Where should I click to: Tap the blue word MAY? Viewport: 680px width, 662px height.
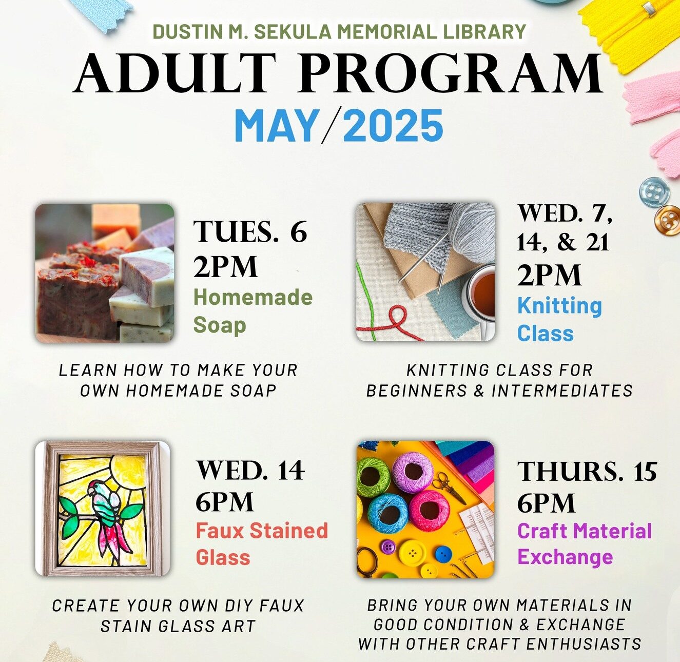coord(277,125)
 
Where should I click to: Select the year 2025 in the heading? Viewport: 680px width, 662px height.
coord(393,125)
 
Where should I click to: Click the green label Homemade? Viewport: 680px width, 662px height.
coord(253,297)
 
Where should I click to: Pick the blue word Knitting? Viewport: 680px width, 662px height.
coord(559,306)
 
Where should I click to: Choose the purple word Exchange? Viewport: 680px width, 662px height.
coord(565,557)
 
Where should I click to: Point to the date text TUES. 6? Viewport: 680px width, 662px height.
coord(250,231)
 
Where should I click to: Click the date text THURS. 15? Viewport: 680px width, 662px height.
coord(587,471)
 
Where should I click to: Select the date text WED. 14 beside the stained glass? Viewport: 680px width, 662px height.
coord(250,471)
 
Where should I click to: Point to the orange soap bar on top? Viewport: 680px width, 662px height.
coord(116,217)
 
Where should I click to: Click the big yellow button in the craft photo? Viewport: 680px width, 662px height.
coord(413,553)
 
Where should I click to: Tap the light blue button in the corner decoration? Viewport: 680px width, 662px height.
coord(654,192)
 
